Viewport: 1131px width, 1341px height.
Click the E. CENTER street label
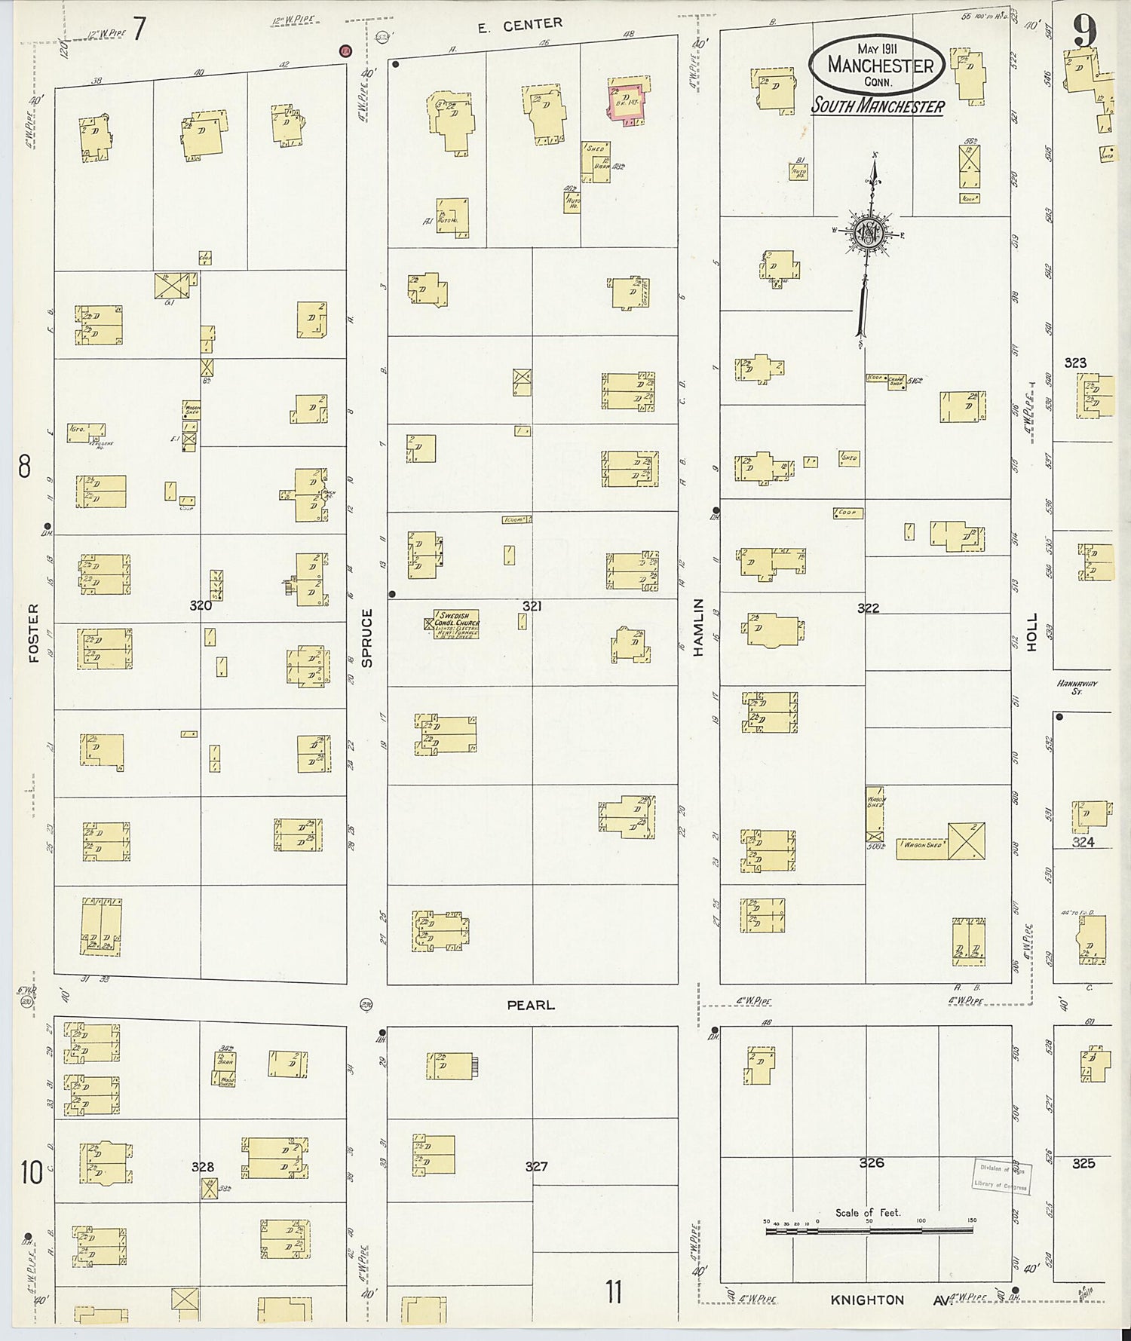520,26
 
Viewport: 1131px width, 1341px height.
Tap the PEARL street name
531,1005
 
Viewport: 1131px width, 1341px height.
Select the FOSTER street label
33,633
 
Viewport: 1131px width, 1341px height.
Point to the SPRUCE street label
367,638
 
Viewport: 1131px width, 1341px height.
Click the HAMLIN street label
698,627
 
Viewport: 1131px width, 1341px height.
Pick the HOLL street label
1032,632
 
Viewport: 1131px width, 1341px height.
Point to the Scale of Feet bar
869,1231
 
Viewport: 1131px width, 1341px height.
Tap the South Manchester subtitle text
878,106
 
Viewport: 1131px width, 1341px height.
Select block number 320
201,605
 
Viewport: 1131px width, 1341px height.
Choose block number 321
532,605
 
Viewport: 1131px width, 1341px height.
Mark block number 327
536,1166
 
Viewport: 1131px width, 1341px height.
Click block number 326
871,1162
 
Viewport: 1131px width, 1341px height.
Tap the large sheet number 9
1085,32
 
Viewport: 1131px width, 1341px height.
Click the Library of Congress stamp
1000,1176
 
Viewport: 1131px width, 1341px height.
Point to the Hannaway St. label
1077,687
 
